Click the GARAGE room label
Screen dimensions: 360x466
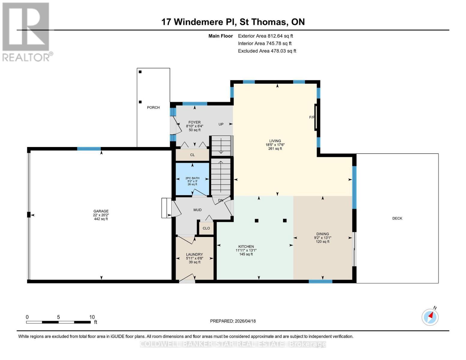[x=101, y=211]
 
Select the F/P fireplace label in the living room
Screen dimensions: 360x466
[x=312, y=117]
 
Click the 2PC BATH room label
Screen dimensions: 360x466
[x=192, y=178]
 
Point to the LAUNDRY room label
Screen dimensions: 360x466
[x=194, y=254]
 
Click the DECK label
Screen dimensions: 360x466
[x=397, y=218]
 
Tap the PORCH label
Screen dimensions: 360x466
[x=153, y=107]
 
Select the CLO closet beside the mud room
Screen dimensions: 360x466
[x=206, y=228]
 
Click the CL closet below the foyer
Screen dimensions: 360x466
[x=192, y=155]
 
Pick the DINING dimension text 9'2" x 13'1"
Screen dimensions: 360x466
[x=323, y=238]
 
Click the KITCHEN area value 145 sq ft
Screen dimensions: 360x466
[x=246, y=254]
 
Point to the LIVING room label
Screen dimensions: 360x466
[x=275, y=141]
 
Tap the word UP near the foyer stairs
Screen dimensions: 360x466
[x=221, y=124]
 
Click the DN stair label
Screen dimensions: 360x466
[x=221, y=200]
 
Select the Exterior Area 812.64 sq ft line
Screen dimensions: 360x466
[x=265, y=36]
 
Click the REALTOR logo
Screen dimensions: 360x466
[x=26, y=31]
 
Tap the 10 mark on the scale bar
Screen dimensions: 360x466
[x=92, y=317]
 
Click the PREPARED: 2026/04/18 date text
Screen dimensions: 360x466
[x=233, y=321]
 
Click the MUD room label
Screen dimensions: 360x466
[x=197, y=210]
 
